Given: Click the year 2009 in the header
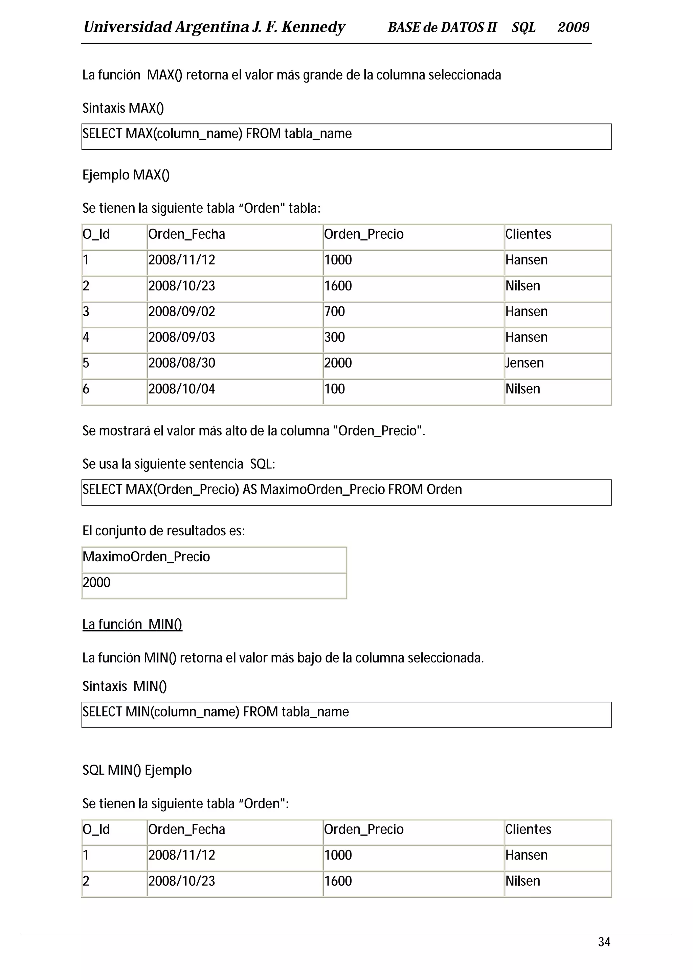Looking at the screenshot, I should click(573, 27).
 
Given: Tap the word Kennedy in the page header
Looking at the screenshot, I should click(313, 27).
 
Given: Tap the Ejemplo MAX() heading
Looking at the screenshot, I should click(126, 175).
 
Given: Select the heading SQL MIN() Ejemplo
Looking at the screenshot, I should click(137, 770).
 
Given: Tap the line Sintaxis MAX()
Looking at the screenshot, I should click(123, 108).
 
